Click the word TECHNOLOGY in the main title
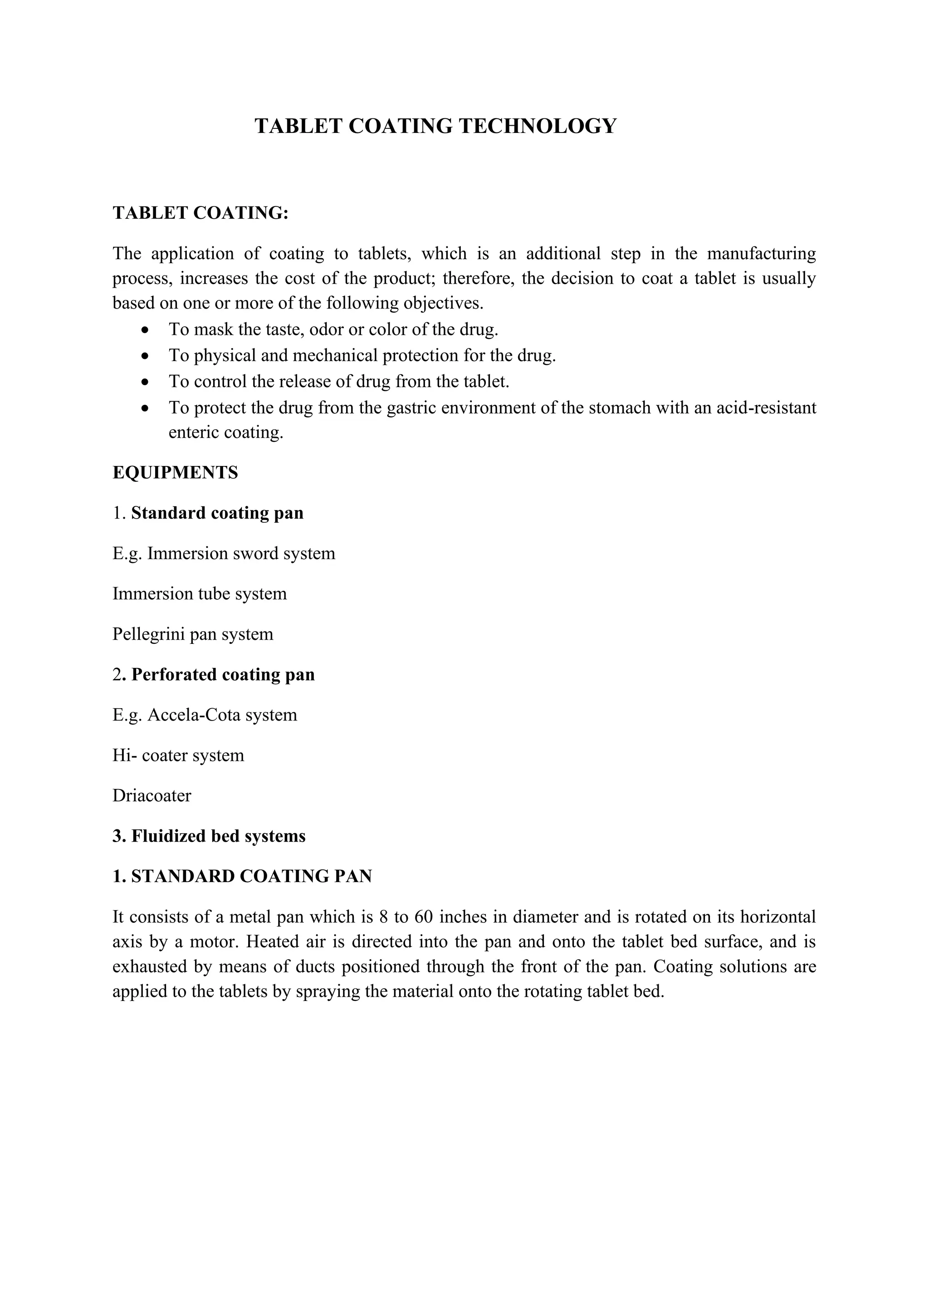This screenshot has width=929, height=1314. click(538, 126)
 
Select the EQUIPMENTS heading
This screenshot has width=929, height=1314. click(175, 473)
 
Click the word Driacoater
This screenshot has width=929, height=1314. click(152, 795)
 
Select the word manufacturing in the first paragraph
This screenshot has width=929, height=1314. click(762, 254)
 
